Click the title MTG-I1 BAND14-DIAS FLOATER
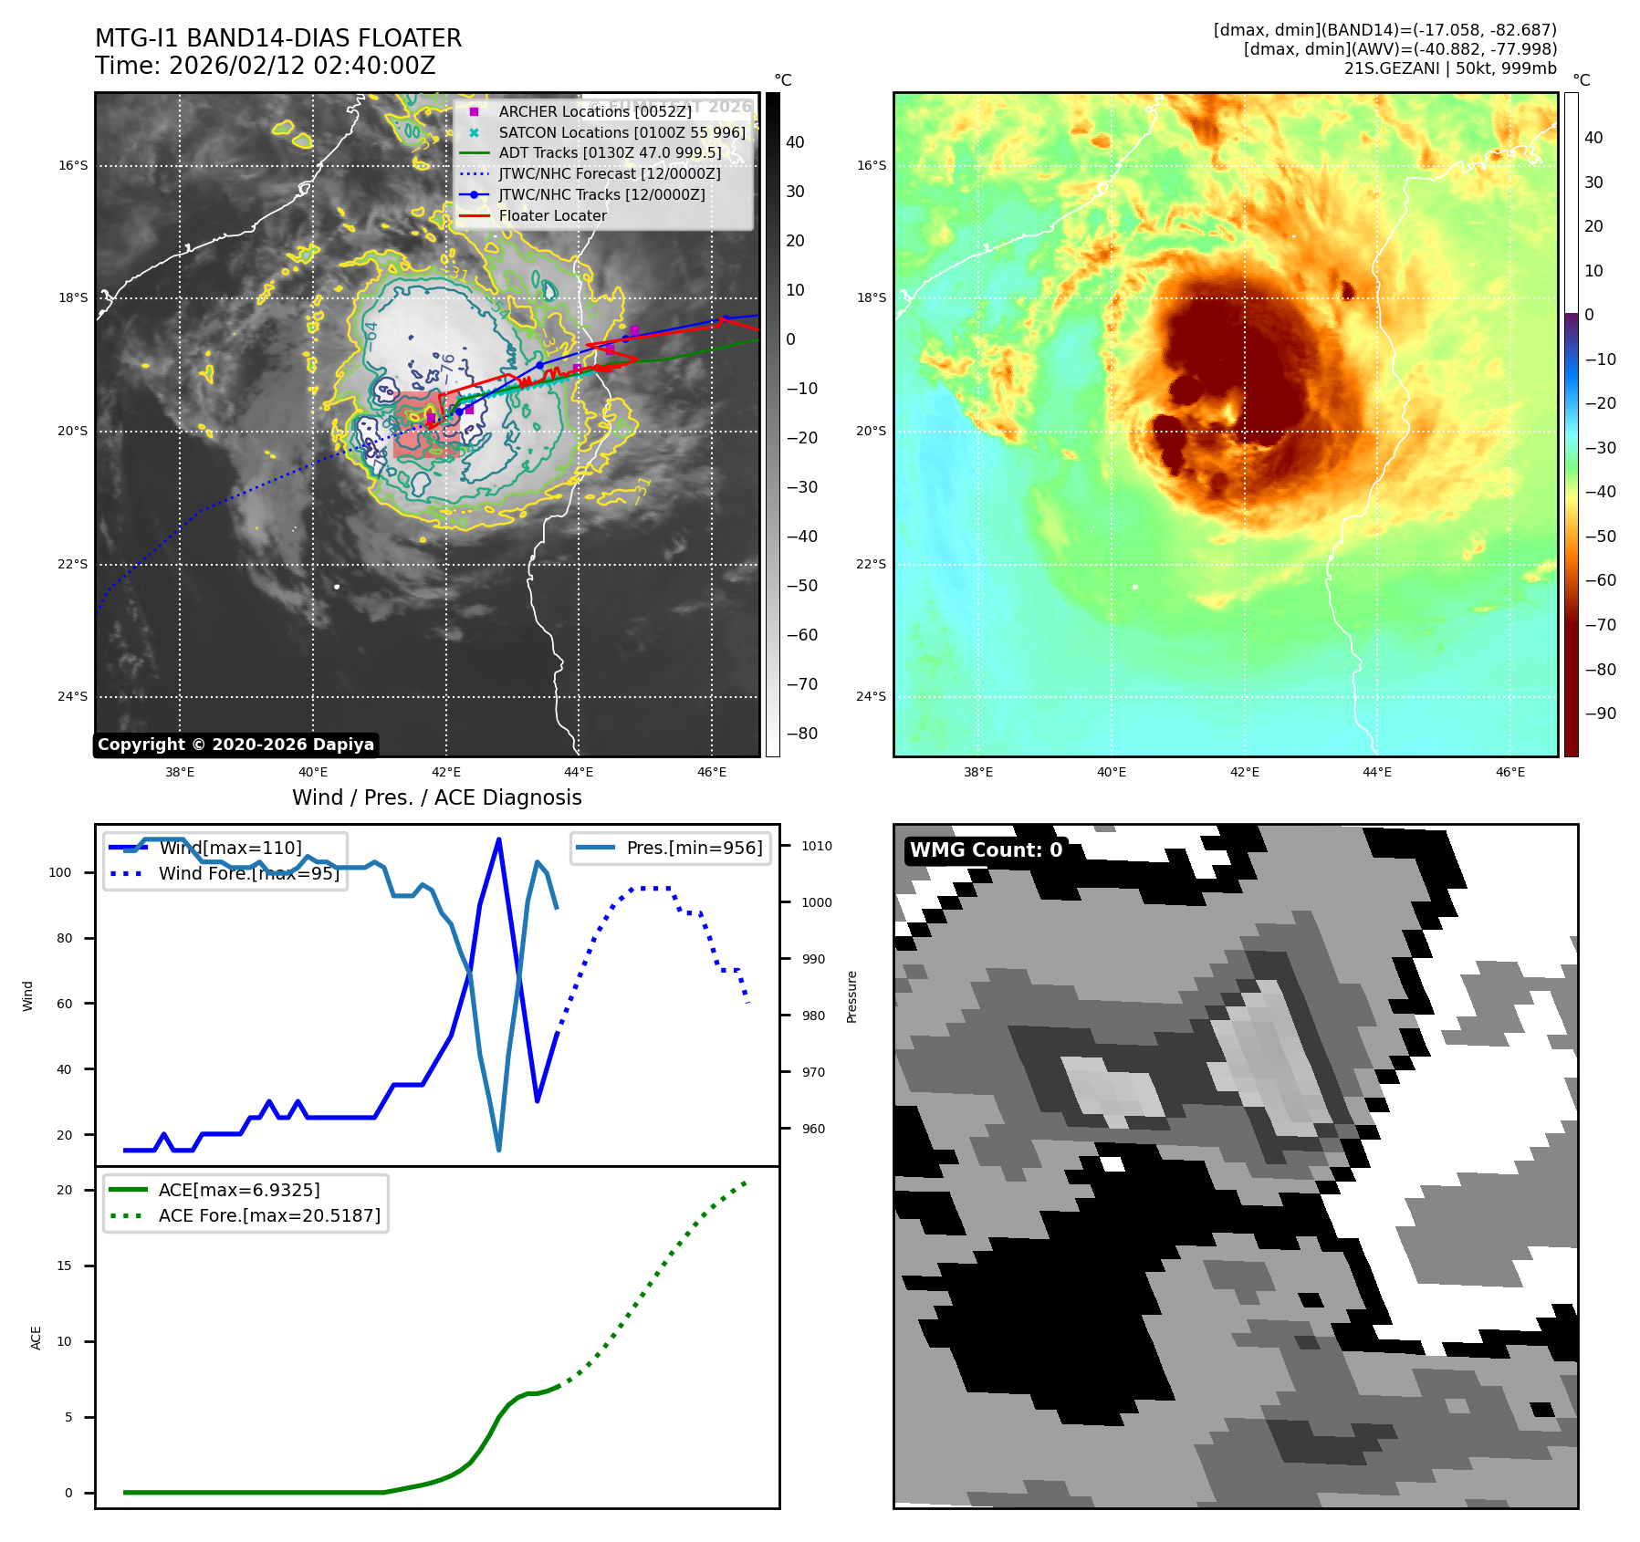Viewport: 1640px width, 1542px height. pyautogui.click(x=278, y=38)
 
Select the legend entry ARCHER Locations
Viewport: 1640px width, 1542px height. pyautogui.click(x=594, y=111)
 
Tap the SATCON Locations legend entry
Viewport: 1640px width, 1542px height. pyautogui.click(x=621, y=132)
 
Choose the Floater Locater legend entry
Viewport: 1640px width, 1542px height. pyautogui.click(x=552, y=216)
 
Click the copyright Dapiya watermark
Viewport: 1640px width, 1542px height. pyautogui.click(x=235, y=745)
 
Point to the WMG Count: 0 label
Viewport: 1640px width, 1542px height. pyautogui.click(x=986, y=850)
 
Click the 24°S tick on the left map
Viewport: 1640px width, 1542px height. pyautogui.click(x=73, y=697)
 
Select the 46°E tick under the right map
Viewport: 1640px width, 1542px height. pyautogui.click(x=1510, y=772)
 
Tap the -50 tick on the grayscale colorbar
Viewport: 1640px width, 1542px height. pyautogui.click(x=802, y=586)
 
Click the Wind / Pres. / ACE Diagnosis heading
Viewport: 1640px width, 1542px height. pyautogui.click(x=436, y=798)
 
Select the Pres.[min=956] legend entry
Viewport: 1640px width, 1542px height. pyautogui.click(x=694, y=848)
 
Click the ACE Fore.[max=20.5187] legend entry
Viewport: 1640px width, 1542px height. pyautogui.click(x=269, y=1215)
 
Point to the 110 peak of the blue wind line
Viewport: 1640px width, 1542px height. pyautogui.click(x=498, y=839)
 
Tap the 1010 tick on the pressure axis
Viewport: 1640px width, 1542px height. pyautogui.click(x=817, y=846)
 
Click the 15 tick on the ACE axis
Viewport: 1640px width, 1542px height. pyautogui.click(x=64, y=1266)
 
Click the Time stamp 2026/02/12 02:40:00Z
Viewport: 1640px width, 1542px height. pyautogui.click(x=265, y=66)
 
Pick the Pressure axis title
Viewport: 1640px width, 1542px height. pyautogui.click(x=851, y=996)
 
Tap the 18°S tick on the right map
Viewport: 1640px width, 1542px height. pyautogui.click(x=871, y=298)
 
